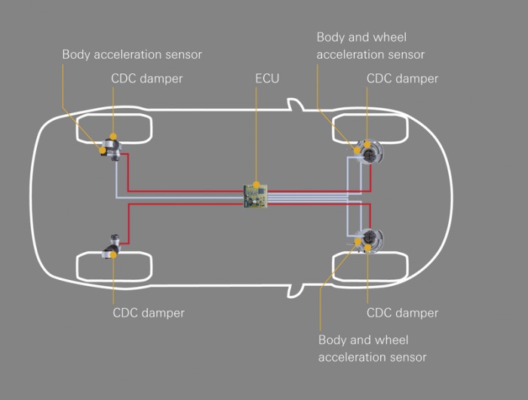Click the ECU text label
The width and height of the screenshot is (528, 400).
point(267,78)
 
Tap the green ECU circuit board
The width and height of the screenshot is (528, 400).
point(256,196)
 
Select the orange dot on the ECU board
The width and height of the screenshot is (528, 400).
point(256,184)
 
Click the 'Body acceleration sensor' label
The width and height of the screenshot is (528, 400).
point(132,54)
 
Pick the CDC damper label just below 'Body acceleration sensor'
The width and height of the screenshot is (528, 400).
point(147,78)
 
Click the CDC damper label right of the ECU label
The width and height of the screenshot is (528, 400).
point(402,78)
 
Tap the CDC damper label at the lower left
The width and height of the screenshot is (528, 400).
point(149,312)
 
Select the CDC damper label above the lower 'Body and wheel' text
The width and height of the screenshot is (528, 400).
point(402,312)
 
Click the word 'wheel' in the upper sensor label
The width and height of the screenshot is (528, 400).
point(392,37)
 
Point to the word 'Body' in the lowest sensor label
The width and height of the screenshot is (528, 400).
point(333,340)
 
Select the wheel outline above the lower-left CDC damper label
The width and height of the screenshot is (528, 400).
point(113,266)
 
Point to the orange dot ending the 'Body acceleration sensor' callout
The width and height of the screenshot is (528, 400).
point(101,151)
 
